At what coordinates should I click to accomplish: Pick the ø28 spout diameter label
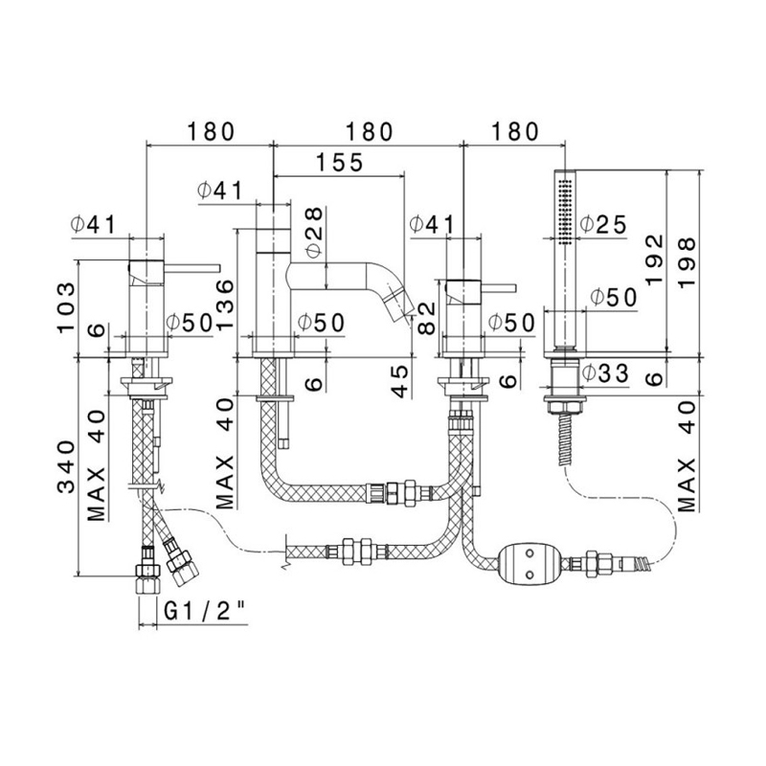tap(313, 230)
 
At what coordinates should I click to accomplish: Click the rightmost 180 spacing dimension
tap(513, 132)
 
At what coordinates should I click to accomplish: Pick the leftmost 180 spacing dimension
tap(210, 132)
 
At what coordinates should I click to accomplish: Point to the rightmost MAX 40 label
tap(687, 456)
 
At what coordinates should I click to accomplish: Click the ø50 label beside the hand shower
tap(613, 298)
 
